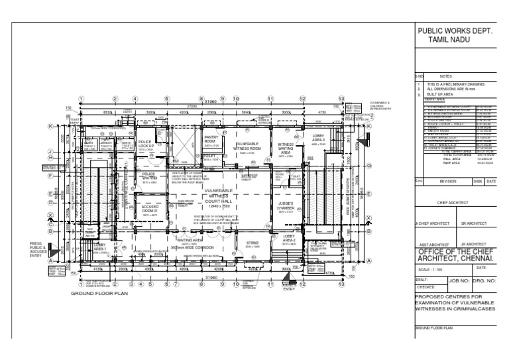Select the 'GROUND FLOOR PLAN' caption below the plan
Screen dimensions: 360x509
[99, 292]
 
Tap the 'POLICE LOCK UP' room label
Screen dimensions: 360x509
[146, 145]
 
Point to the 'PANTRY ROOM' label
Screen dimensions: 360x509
[210, 141]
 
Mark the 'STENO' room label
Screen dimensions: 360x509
[252, 244]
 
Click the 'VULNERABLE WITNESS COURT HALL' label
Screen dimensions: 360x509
[219, 196]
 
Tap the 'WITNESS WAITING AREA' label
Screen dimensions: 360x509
[286, 149]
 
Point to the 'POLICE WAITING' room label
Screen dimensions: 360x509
[148, 176]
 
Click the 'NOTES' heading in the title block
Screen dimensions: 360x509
[445, 76]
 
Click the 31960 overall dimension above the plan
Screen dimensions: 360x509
[210, 101]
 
